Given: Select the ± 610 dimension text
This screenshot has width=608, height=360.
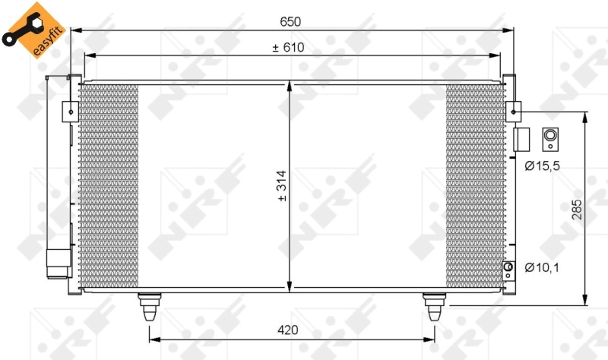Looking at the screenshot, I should coord(288,47).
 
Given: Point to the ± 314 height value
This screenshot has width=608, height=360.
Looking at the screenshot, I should coord(281,186).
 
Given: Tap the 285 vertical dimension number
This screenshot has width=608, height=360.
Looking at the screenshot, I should coord(576,210).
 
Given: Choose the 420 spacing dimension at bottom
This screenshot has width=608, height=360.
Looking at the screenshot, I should coord(287,330).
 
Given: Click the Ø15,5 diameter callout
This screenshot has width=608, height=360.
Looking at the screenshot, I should coord(543,165).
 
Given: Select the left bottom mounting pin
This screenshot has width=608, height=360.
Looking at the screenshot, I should coord(148,307).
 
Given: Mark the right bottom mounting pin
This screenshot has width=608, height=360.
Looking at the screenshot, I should coord(434,307).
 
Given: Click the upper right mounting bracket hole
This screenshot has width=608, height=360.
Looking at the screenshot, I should coord(515,112).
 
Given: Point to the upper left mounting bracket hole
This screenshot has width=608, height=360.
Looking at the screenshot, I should coord(71,112).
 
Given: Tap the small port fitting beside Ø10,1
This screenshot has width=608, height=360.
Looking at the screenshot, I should coord(510,267).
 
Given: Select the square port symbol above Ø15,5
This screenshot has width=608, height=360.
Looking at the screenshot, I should coord(547,138).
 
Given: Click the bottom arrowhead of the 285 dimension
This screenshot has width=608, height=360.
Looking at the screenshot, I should coord(585,298).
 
